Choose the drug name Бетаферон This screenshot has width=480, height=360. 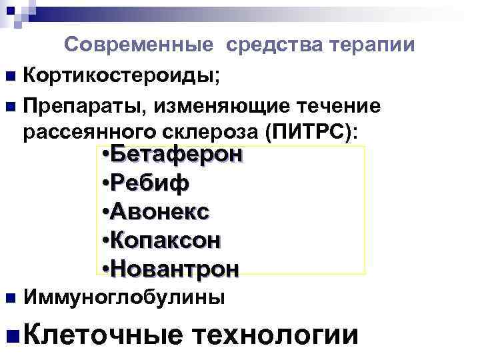(177, 155)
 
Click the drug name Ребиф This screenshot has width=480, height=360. (150, 183)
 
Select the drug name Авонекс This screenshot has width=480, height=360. (161, 211)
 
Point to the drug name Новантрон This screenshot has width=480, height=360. (175, 269)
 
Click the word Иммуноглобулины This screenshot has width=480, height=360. (124, 297)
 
